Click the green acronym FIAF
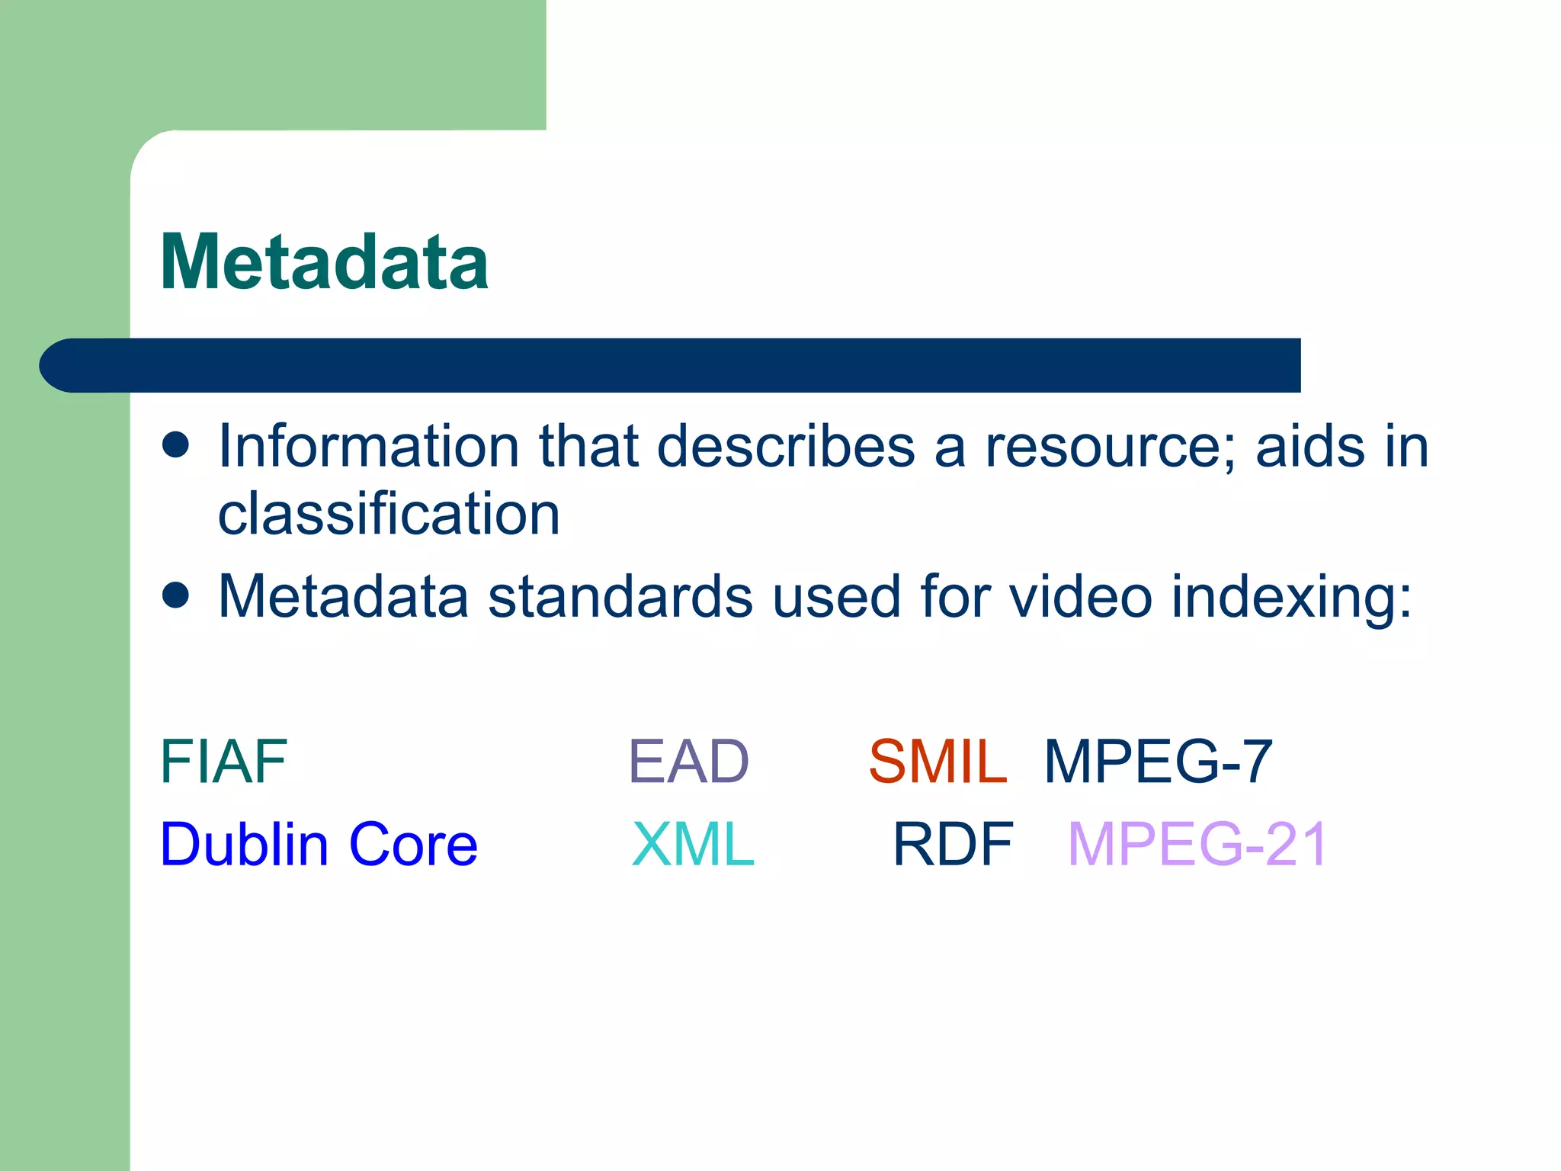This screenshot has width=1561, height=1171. tap(223, 762)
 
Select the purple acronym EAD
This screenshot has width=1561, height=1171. tap(688, 762)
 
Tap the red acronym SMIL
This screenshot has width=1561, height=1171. tap(938, 762)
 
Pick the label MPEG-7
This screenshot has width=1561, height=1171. tap(1158, 762)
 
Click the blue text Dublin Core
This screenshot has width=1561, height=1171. tap(319, 845)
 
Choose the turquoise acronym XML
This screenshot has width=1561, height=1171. tap(693, 845)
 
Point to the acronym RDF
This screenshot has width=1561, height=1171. tap(953, 845)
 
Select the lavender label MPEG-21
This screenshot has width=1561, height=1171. tap(1197, 845)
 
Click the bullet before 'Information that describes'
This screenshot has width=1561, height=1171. tap(176, 444)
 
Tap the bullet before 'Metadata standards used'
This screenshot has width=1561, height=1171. tap(176, 595)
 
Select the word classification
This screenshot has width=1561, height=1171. tap(389, 514)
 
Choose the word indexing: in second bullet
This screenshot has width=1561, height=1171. tap(1291, 596)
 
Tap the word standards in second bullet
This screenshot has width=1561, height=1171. tap(620, 596)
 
